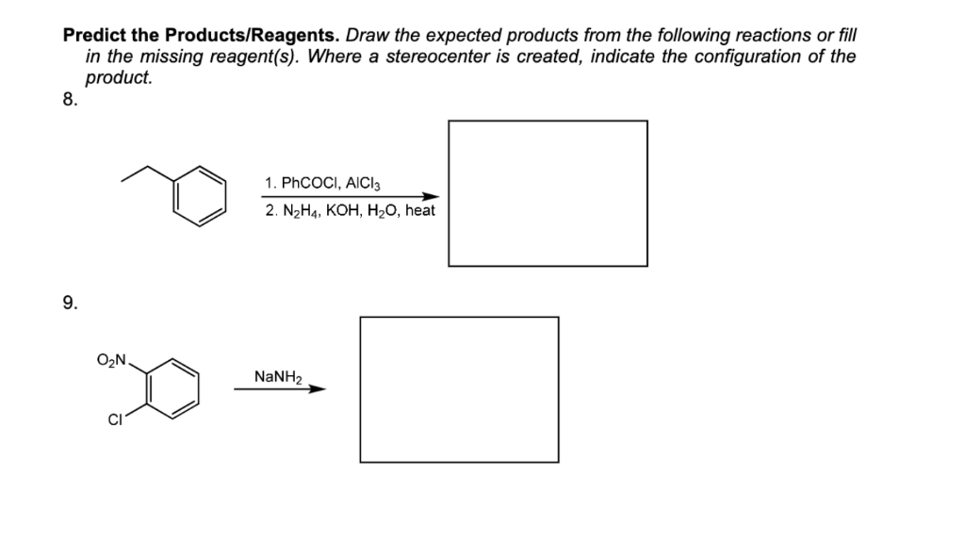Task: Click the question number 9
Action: (x=69, y=303)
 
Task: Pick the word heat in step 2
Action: (x=417, y=211)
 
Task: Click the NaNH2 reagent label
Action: (x=277, y=377)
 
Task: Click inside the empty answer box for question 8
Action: (x=548, y=193)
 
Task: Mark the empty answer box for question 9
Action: (x=459, y=389)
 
